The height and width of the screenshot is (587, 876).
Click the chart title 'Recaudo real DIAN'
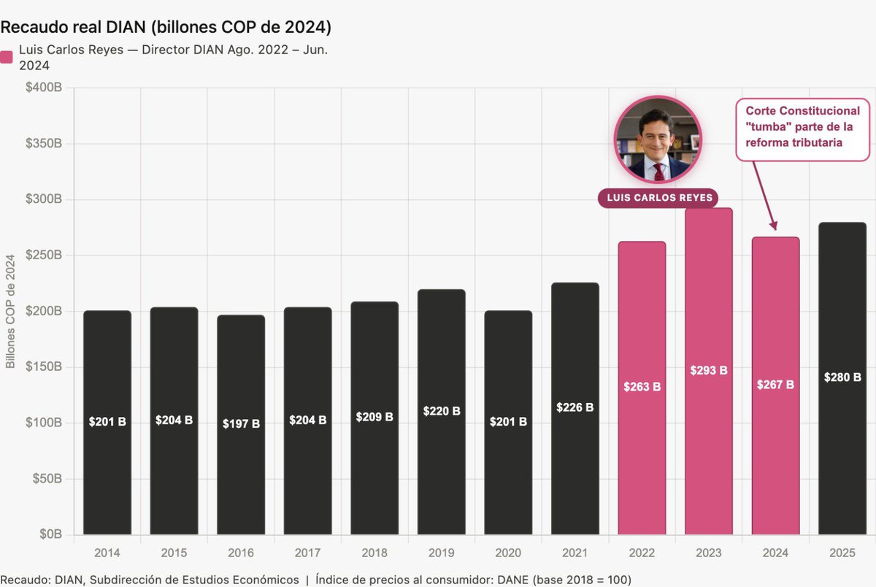(73, 27)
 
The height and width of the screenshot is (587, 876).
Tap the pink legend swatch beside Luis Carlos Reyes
(7, 57)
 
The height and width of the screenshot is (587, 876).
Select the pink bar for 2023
(709, 371)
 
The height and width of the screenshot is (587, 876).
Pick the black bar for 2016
(241, 425)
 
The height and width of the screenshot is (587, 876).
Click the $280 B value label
(842, 377)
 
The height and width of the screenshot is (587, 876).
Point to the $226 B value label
(575, 407)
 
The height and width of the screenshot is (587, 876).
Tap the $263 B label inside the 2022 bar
(642, 387)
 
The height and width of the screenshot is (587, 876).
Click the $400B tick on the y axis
(44, 87)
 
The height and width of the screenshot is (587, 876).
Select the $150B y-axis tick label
(44, 367)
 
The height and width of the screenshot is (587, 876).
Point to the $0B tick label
(50, 534)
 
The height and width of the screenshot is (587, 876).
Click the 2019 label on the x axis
(441, 553)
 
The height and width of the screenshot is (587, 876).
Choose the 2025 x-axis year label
(842, 553)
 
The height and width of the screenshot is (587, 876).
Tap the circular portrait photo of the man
(658, 139)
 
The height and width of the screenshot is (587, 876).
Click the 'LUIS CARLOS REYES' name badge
(659, 198)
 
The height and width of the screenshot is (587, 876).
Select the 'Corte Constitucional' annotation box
(802, 129)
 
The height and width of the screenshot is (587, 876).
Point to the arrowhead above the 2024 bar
(774, 226)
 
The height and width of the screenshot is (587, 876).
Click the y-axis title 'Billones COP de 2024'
(10, 311)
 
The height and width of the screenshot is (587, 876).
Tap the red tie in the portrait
(659, 172)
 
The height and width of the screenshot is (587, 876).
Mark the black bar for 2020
(508, 423)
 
